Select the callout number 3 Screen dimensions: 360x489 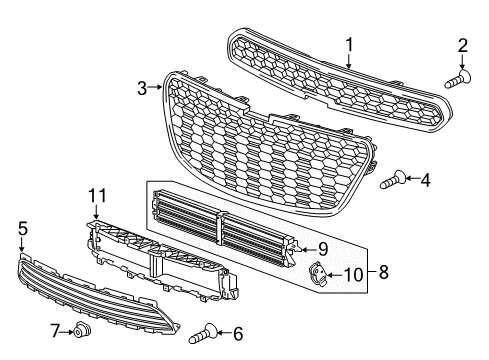(x=142, y=88)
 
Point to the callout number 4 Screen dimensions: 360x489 (x=425, y=180)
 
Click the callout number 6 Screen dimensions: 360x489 (x=237, y=333)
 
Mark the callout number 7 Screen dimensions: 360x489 (x=55, y=330)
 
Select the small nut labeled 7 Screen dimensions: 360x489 (x=85, y=330)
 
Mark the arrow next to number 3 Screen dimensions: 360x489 (x=156, y=89)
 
